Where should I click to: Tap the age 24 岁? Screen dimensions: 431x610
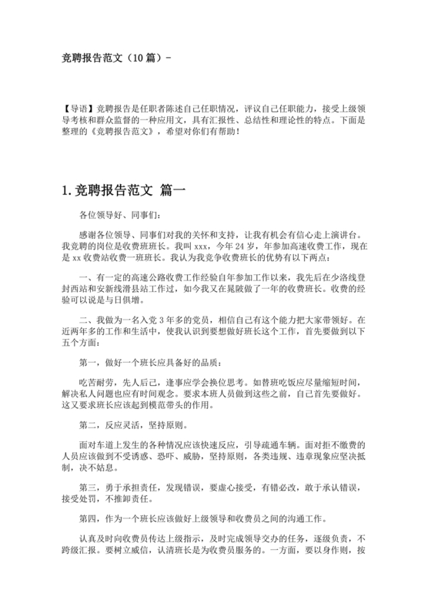[x=250, y=247]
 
